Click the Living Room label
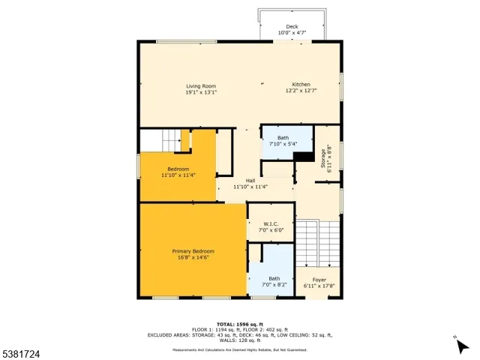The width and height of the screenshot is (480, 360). point(202,85)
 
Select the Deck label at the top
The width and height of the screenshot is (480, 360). point(292,27)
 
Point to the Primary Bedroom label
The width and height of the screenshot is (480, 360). point(193,251)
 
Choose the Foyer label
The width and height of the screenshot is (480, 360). point(319,280)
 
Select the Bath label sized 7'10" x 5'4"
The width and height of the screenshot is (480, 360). point(283,138)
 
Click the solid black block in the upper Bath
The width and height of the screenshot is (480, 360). point(304,156)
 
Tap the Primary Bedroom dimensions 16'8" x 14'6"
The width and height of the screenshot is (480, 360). point(193,257)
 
